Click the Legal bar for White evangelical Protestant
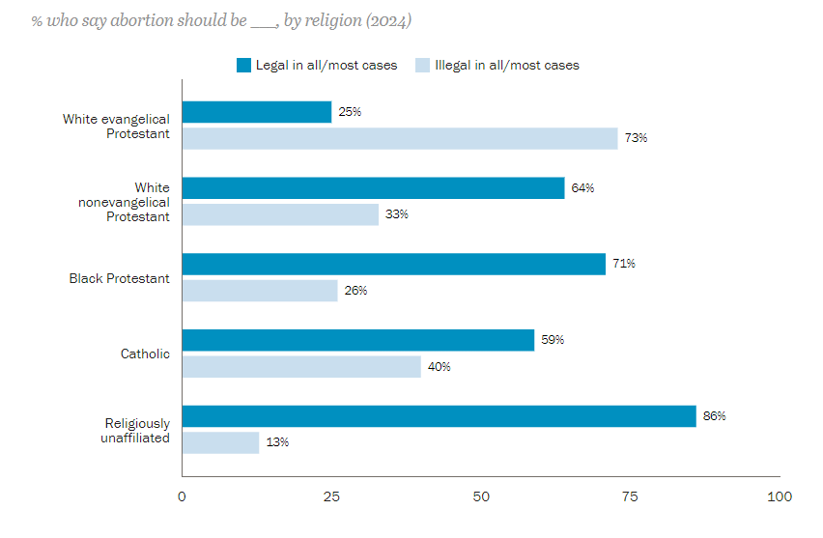point(257,112)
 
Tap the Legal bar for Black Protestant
point(394,264)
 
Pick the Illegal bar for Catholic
point(301,367)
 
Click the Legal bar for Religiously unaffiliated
point(439,416)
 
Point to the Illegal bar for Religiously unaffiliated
point(221,442)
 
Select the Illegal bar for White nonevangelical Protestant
point(280,214)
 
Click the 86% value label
point(714,416)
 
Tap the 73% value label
point(636,138)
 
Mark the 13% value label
point(277,442)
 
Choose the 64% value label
point(582,188)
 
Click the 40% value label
point(440,367)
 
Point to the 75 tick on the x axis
point(630,496)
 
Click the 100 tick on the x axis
point(780,496)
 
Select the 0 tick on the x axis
point(182,496)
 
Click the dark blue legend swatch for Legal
point(243,66)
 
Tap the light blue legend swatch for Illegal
point(422,66)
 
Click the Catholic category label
point(145,354)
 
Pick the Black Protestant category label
point(119,278)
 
